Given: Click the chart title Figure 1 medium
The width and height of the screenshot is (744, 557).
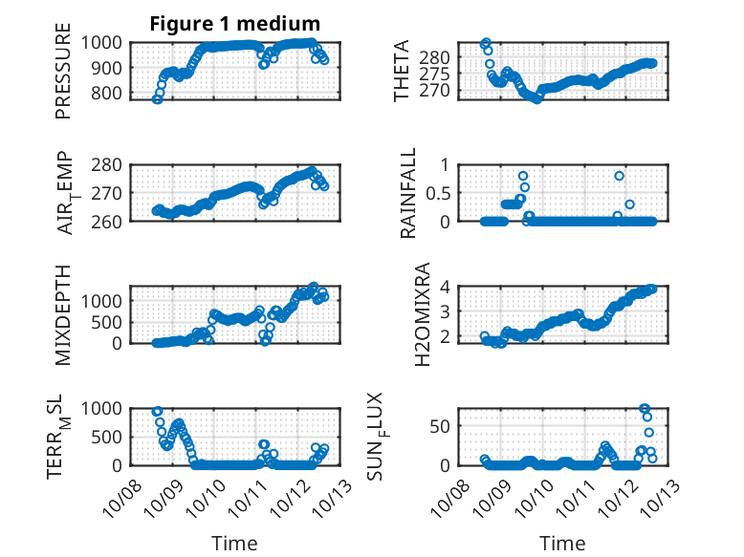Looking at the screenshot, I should (234, 24).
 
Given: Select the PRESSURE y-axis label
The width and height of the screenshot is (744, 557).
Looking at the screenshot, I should (63, 77).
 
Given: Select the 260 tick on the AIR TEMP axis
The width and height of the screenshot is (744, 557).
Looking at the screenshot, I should (107, 222).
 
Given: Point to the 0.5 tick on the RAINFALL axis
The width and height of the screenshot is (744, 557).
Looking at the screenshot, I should (439, 193).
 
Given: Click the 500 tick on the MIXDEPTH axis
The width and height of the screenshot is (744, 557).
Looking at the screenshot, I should (107, 322).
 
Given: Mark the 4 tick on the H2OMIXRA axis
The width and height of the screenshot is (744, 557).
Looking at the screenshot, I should (445, 287).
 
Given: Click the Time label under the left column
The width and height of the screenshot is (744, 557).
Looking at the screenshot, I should (234, 544).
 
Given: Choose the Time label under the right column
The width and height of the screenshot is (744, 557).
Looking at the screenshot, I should (562, 544).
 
